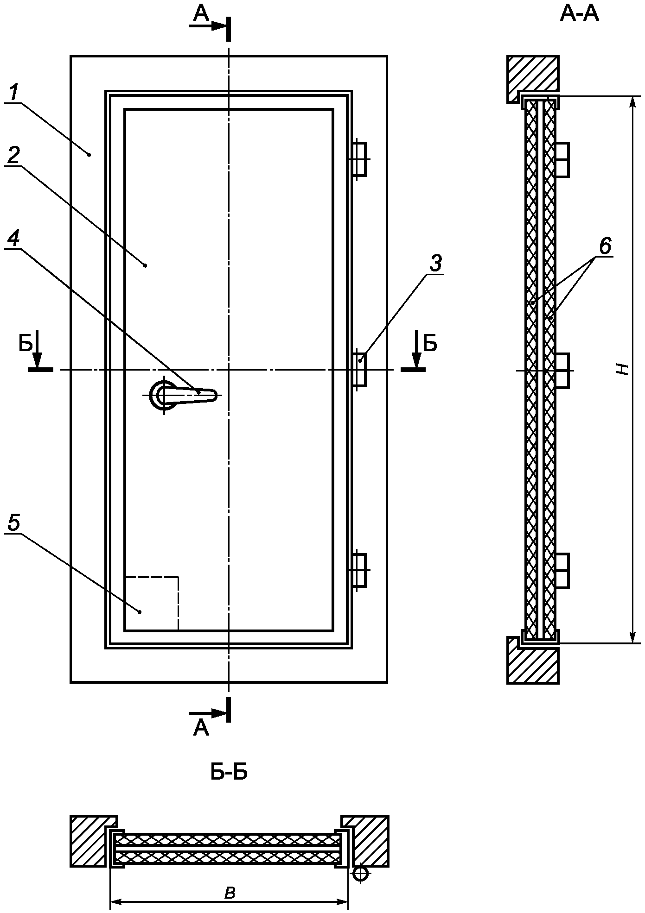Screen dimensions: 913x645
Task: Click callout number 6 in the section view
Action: point(605,246)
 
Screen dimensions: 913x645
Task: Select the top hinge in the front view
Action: point(360,159)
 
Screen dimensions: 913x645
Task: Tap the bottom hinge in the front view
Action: point(360,570)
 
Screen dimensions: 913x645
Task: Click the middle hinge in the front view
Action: point(360,369)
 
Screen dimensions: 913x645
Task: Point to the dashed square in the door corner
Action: point(152,603)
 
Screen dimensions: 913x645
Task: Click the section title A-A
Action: point(579,14)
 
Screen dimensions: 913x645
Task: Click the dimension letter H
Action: point(625,369)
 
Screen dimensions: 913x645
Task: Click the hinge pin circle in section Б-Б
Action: point(360,874)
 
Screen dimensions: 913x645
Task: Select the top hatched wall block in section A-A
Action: point(532,73)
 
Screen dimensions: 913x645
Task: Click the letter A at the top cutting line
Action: point(201,14)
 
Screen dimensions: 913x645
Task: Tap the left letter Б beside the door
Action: point(26,344)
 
